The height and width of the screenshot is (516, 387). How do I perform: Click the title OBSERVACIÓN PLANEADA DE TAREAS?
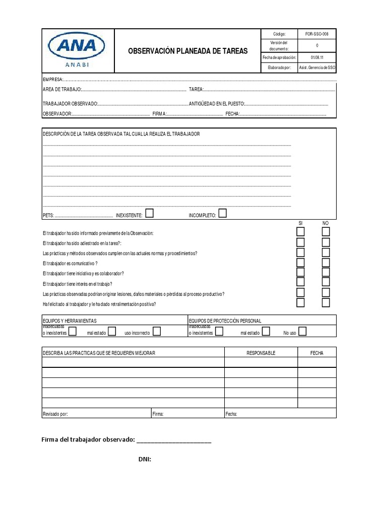pyautogui.click(x=187, y=51)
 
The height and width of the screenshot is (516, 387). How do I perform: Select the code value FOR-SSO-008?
pyautogui.click(x=317, y=34)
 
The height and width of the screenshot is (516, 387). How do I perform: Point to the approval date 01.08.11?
pyautogui.click(x=317, y=57)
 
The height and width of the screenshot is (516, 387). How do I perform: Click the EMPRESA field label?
pyautogui.click(x=52, y=79)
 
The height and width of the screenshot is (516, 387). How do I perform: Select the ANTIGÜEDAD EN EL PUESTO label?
pyautogui.click(x=216, y=104)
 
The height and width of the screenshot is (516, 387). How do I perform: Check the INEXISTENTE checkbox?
pyautogui.click(x=149, y=213)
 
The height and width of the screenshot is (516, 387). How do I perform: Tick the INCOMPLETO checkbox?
pyautogui.click(x=222, y=213)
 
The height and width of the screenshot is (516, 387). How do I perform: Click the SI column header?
pyautogui.click(x=300, y=223)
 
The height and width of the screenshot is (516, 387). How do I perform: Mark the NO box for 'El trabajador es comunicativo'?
pyautogui.click(x=326, y=263)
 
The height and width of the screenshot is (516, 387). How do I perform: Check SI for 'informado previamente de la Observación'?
pyautogui.click(x=300, y=232)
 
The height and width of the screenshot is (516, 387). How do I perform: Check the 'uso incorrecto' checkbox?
pyautogui.click(x=157, y=331)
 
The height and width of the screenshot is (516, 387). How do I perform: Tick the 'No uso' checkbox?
pyautogui.click(x=302, y=331)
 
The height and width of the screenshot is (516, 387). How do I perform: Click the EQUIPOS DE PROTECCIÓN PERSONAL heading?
pyautogui.click(x=225, y=320)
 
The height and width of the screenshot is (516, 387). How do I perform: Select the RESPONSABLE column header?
pyautogui.click(x=261, y=353)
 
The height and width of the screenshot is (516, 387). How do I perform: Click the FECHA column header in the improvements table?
pyautogui.click(x=316, y=353)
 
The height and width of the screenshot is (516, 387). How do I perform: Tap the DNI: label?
pyautogui.click(x=145, y=459)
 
